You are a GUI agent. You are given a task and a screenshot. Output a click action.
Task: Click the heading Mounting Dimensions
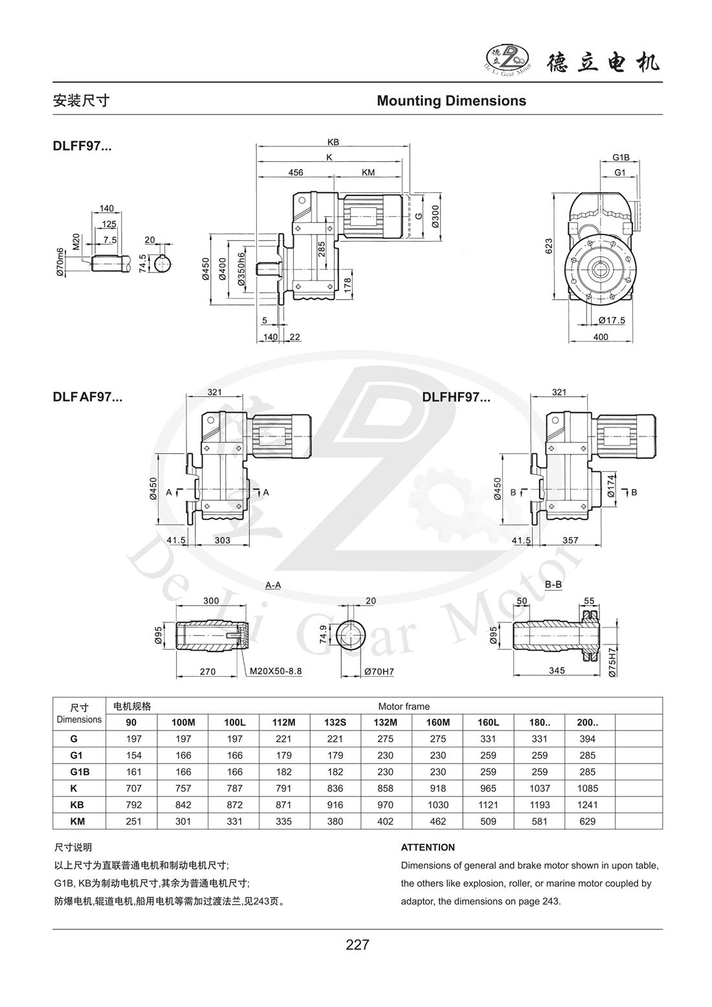[451, 101]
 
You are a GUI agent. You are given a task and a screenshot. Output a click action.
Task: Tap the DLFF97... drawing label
[82, 146]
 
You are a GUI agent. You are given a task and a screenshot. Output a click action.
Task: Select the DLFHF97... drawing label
[456, 398]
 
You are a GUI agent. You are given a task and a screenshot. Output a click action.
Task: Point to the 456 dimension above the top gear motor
[296, 173]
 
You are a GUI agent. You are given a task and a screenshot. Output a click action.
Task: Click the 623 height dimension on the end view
[548, 246]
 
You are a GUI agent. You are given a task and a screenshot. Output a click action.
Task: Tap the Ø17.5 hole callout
[611, 320]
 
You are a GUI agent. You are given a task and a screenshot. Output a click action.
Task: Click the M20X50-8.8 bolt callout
[276, 672]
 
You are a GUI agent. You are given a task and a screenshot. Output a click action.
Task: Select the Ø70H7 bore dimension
[379, 672]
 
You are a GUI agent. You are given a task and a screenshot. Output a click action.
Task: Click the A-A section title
[273, 585]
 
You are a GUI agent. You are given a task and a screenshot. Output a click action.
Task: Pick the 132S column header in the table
[335, 722]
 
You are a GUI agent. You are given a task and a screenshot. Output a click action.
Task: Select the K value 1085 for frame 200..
[589, 789]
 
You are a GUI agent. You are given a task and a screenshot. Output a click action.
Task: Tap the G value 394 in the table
[589, 739]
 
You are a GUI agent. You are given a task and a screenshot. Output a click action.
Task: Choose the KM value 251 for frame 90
[131, 822]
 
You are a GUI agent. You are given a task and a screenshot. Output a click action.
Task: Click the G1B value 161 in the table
[131, 772]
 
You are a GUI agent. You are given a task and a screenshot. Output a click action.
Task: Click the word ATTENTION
[428, 847]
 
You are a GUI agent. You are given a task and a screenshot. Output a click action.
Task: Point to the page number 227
[357, 945]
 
